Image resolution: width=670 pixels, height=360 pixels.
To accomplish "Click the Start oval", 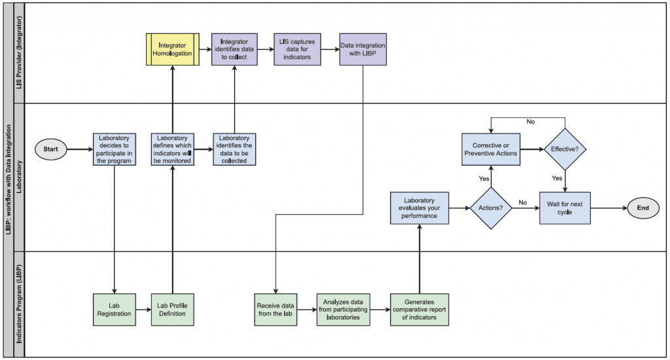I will (x=50, y=149).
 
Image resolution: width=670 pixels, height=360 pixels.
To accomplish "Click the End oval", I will (x=643, y=208).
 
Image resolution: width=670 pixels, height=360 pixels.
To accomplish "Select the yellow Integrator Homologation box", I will (x=172, y=50).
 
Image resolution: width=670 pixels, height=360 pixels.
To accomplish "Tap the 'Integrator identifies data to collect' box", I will (x=234, y=50).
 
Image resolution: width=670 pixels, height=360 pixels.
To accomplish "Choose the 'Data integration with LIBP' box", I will (x=362, y=50).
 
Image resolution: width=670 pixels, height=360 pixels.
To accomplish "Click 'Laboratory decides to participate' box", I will (x=115, y=149).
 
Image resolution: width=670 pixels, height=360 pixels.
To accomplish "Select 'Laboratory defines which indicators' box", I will (x=172, y=149).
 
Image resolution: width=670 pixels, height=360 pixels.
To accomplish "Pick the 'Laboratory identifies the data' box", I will (x=234, y=149).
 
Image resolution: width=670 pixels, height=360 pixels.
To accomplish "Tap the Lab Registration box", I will (x=115, y=309).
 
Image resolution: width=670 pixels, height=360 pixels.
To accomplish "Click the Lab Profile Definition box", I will (x=172, y=309).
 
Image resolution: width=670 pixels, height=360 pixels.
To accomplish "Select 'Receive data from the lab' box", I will (x=275, y=309).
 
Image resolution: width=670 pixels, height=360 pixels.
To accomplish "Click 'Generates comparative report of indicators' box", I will (x=419, y=309).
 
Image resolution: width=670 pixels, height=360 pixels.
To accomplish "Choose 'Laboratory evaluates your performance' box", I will (x=419, y=208).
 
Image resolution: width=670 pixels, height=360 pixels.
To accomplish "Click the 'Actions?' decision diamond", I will (x=491, y=208).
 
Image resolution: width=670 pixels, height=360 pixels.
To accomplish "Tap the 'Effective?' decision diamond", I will (x=565, y=149).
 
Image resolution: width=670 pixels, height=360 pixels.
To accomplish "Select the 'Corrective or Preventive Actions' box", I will (x=491, y=149).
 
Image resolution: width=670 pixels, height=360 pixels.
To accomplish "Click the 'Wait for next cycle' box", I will (x=565, y=208).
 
